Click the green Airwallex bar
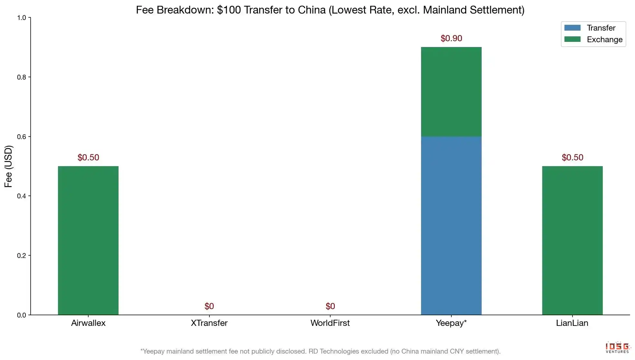pos(88,240)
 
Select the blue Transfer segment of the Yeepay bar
pos(451,225)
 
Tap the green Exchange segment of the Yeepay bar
pos(451,92)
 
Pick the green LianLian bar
pos(572,240)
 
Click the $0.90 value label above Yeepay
pos(451,38)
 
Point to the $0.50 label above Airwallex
pos(88,157)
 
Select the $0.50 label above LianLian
pos(572,157)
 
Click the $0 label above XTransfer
pos(209,306)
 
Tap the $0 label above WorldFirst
pos(330,306)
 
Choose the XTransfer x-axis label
pos(209,323)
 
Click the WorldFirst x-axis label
pos(330,323)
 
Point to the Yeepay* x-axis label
pos(451,323)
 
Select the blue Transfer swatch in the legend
pos(572,28)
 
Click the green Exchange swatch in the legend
pos(572,39)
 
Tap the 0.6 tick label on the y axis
pos(22,137)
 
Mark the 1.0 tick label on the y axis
pos(22,18)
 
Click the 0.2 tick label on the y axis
pos(22,256)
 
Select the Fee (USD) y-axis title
pos(8,166)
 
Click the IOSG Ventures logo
pos(617,347)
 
